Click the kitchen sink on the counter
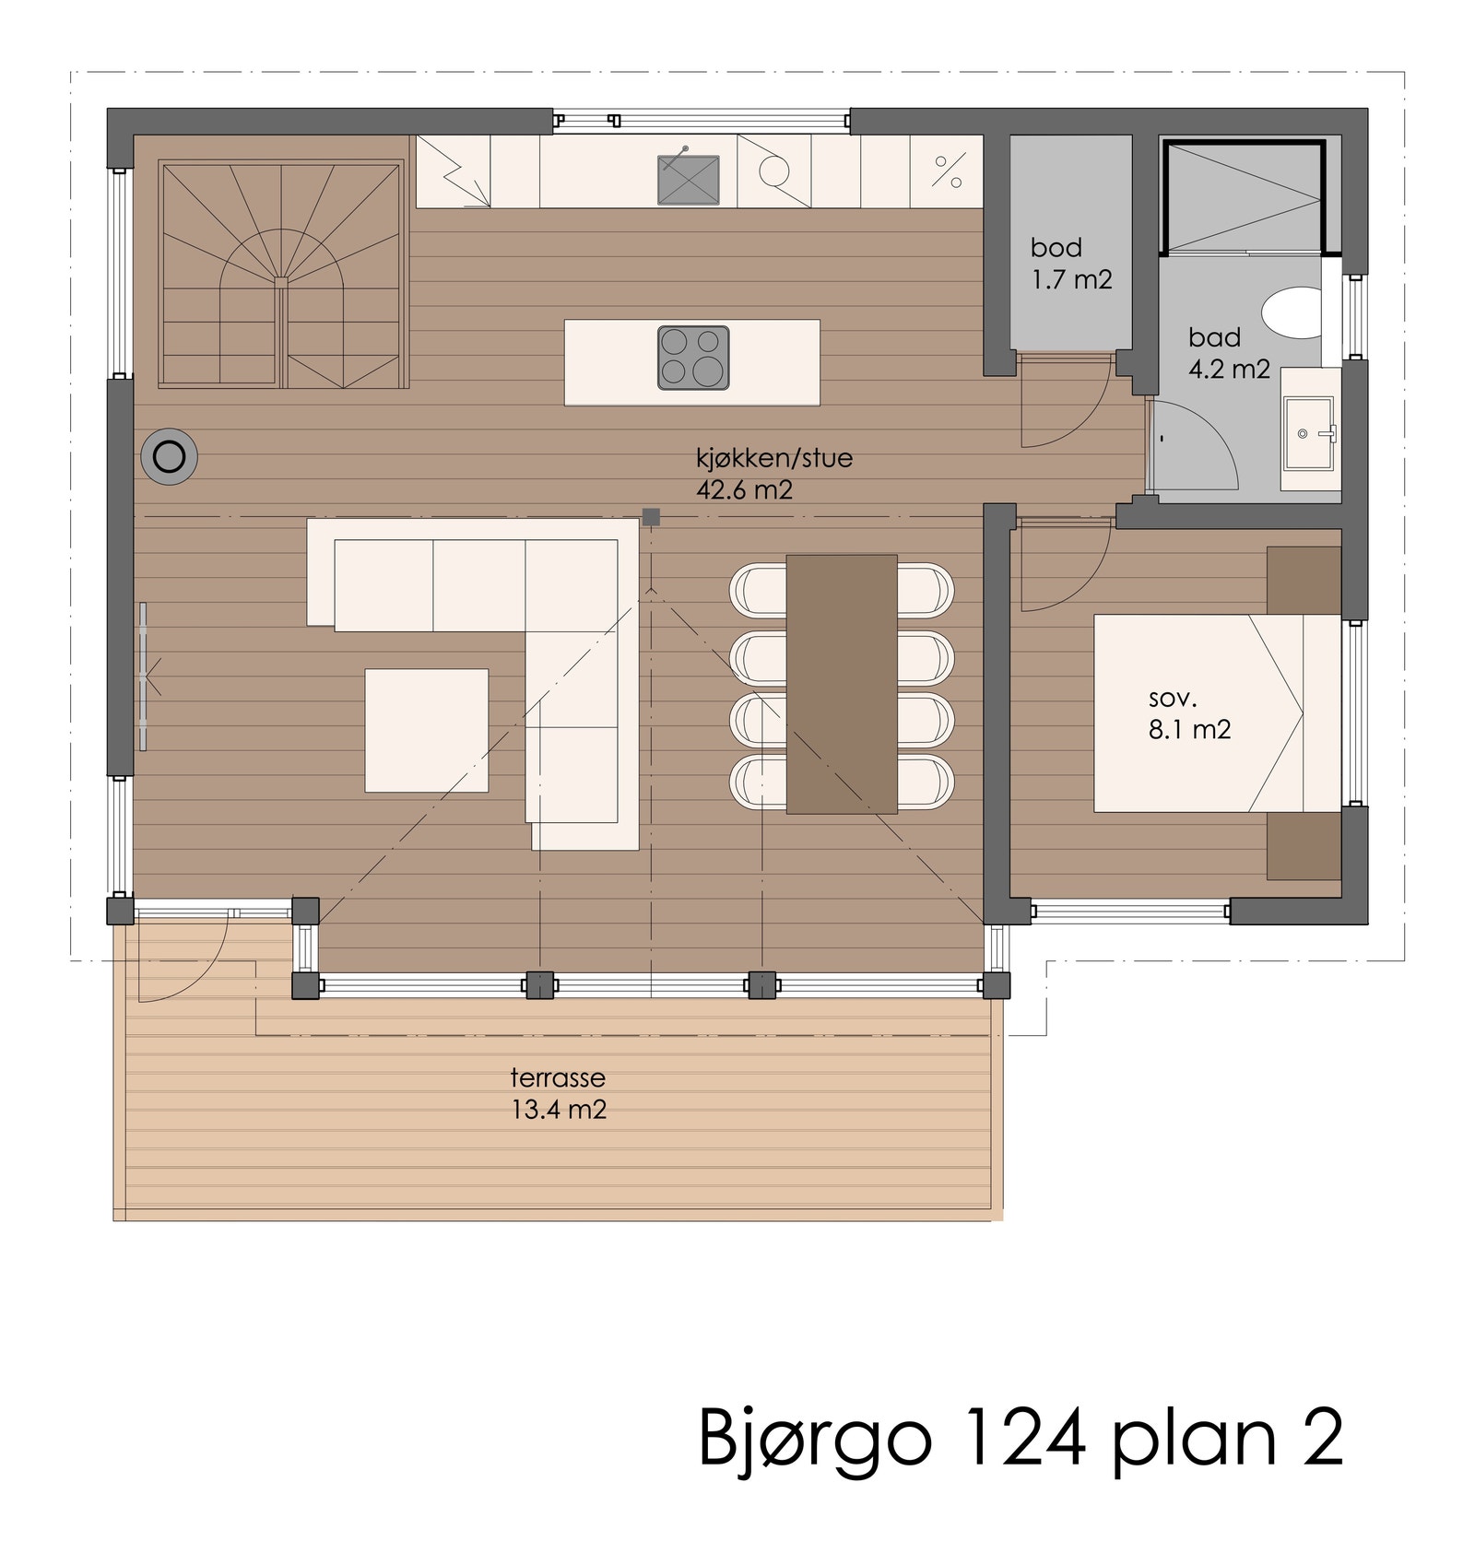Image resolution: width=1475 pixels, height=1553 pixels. click(x=688, y=180)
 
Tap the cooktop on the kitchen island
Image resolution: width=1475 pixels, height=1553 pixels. click(x=693, y=358)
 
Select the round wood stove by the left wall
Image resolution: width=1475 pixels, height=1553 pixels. click(x=169, y=456)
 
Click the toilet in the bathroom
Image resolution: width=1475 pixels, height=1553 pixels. click(x=1292, y=312)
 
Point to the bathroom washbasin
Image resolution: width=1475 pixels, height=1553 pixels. click(x=1308, y=432)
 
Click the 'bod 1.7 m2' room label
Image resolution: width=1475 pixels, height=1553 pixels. click(x=1070, y=264)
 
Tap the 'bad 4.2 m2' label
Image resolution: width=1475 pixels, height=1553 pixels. click(x=1228, y=353)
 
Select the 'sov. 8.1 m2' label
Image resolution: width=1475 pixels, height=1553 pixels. click(x=1188, y=713)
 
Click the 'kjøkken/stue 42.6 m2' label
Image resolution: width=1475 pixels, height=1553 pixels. click(x=773, y=473)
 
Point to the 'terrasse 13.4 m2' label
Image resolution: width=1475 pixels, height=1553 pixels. click(x=559, y=1093)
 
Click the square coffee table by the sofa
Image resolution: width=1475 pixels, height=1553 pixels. click(x=426, y=730)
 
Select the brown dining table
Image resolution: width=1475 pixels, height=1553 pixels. click(x=841, y=683)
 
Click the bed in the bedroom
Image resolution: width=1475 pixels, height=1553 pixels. click(x=1215, y=712)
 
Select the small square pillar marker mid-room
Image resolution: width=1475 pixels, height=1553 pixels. click(x=651, y=517)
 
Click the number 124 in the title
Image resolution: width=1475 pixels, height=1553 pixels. click(x=1022, y=1437)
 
